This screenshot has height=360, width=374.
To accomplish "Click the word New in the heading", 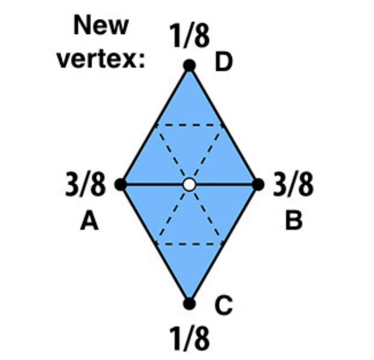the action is (101, 25).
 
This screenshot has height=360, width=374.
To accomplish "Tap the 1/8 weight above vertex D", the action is (189, 36).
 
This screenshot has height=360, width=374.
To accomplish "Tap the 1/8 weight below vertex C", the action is (189, 338).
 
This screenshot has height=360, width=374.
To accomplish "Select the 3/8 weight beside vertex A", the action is (85, 185).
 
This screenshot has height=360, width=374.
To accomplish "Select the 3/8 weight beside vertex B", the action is (293, 185).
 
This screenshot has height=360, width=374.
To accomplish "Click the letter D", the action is (224, 62).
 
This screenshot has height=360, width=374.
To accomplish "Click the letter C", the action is (224, 305).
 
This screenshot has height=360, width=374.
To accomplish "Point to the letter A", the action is (89, 221).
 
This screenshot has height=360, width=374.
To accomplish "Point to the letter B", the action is (294, 221).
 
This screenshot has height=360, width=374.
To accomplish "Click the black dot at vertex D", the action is (189, 65).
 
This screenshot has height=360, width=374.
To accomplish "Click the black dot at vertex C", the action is (189, 304).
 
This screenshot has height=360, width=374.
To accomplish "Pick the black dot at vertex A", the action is (121, 185).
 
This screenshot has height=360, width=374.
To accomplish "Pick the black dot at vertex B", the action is (258, 185).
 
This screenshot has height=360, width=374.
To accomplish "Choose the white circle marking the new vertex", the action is (189, 185).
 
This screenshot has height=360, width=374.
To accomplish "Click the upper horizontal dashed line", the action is (189, 125).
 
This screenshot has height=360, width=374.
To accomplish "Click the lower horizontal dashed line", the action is (189, 244).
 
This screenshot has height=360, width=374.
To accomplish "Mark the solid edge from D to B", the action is (224, 125).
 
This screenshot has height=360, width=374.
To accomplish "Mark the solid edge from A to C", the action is (155, 244).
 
